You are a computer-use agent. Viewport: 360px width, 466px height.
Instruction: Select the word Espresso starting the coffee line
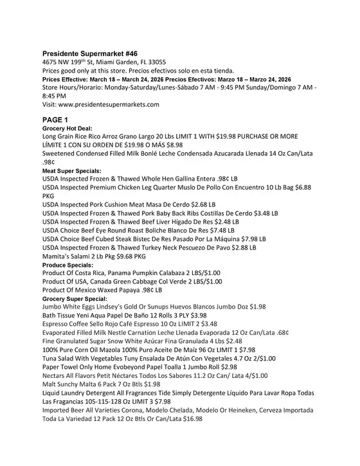point(59,325)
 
